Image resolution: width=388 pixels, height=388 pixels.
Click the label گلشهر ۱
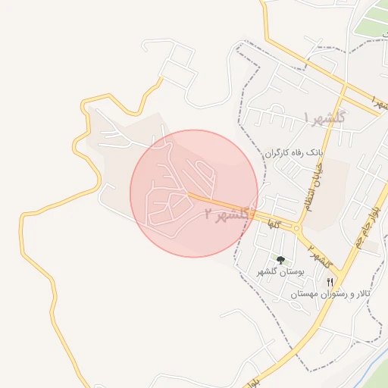(324, 117)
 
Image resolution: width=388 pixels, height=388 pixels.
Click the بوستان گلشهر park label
(280, 271)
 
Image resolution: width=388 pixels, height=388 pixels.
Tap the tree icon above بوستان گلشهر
(280, 260)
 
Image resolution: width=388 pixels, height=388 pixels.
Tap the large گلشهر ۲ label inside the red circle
(227, 214)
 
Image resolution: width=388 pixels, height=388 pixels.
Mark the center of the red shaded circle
(194, 193)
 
